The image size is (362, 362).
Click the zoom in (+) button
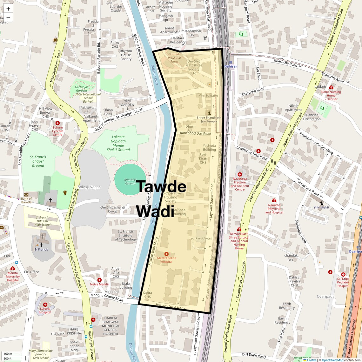click(8, 9)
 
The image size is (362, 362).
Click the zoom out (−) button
click(8, 18)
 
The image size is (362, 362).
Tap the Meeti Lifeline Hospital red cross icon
click(166, 254)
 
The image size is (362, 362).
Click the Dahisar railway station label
click(231, 66)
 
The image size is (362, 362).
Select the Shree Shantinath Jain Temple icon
click(209, 112)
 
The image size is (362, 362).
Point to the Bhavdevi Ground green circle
click(130, 179)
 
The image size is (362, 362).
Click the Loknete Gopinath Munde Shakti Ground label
click(118, 143)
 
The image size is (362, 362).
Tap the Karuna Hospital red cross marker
click(45, 305)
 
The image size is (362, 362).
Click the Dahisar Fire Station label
click(312, 117)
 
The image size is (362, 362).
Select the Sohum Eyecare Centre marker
click(57, 123)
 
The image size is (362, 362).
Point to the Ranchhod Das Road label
click(195, 134)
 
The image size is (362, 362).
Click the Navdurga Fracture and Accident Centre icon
click(240, 174)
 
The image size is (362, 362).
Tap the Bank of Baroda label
click(26, 200)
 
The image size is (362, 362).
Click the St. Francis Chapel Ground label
click(38, 161)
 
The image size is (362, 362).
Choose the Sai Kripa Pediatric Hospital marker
click(343, 274)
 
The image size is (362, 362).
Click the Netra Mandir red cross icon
click(99, 280)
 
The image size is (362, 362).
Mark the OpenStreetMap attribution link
click(332, 360)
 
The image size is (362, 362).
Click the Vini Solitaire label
click(208, 96)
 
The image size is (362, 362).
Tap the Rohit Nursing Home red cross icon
click(331, 87)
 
